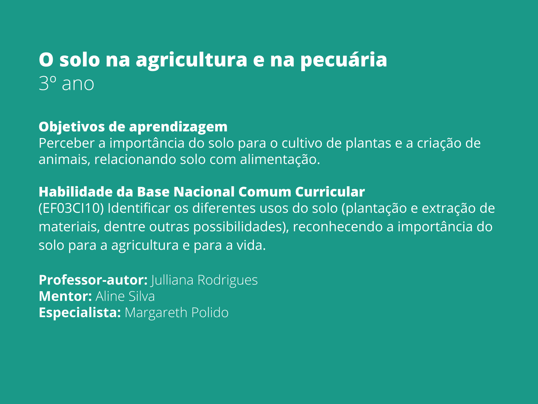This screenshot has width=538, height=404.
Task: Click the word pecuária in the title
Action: click(x=344, y=60)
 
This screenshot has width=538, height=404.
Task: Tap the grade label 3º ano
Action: click(x=67, y=83)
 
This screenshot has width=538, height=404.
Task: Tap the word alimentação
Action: click(x=280, y=160)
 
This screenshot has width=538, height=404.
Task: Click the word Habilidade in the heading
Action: click(x=76, y=192)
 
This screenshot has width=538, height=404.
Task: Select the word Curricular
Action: click(x=330, y=192)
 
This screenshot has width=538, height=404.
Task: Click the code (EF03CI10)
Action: click(x=71, y=208)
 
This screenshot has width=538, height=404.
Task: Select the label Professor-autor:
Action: click(x=93, y=280)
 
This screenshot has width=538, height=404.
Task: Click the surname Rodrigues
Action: click(x=227, y=280)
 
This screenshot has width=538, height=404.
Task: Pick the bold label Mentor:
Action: click(x=65, y=296)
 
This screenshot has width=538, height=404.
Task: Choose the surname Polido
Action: click(x=209, y=313)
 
